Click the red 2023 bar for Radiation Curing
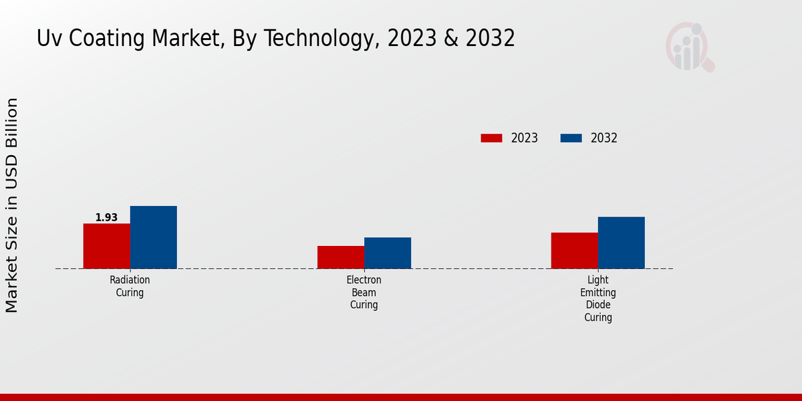tap(106, 246)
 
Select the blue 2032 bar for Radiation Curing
tap(153, 237)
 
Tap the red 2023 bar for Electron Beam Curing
tap(340, 257)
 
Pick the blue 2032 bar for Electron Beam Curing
tap(387, 253)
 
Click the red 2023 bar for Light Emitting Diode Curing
tap(574, 251)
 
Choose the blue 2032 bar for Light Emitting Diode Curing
tap(621, 243)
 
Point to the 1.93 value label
tap(106, 217)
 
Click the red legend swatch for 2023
tap(491, 138)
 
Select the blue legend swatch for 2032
tap(571, 138)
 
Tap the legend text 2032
tap(604, 138)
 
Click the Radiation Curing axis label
tap(130, 286)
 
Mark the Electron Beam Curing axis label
tap(364, 292)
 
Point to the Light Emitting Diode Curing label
tap(597, 299)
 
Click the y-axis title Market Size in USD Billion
tap(12, 205)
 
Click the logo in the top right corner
tap(689, 47)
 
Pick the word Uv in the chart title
tap(48, 39)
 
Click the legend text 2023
tap(525, 138)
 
